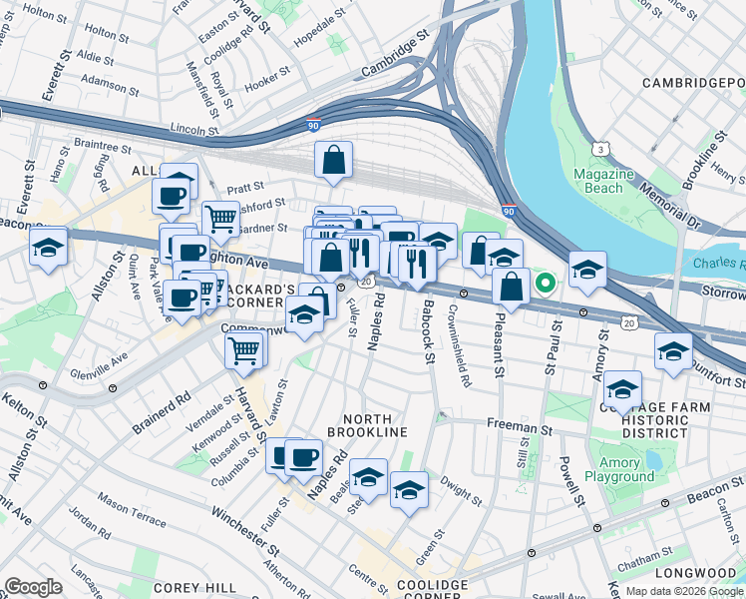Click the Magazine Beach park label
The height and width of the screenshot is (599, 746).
(x=604, y=181)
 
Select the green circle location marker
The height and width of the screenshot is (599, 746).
(x=545, y=283)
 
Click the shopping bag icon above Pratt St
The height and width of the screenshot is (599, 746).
(x=334, y=160)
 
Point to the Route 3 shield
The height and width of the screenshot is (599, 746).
(x=600, y=149)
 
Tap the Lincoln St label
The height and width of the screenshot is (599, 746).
(x=194, y=130)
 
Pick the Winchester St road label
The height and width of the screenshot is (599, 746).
(x=244, y=530)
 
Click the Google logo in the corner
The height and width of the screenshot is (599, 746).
(x=33, y=587)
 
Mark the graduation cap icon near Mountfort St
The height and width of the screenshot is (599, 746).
(x=674, y=352)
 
